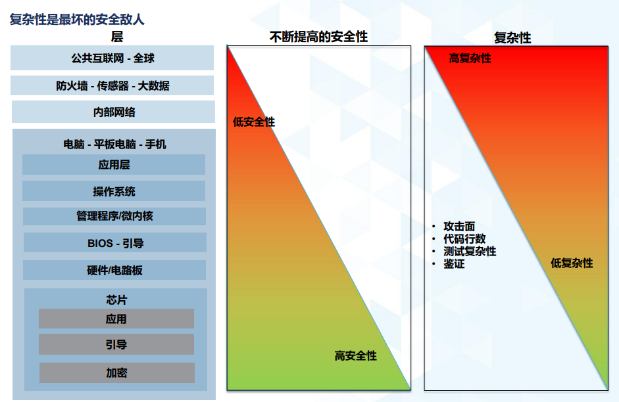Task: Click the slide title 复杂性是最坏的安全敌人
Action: click(x=77, y=19)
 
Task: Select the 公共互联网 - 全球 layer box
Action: click(x=112, y=58)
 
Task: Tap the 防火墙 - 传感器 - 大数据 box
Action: click(x=112, y=85)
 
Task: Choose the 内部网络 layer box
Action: click(x=113, y=112)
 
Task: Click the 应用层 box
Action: click(x=114, y=164)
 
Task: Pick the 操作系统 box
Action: click(x=114, y=191)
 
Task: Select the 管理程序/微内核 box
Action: click(x=114, y=216)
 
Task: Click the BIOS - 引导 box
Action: click(x=115, y=242)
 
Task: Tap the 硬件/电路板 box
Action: click(x=114, y=270)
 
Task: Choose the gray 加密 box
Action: click(x=117, y=373)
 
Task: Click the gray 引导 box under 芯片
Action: click(x=116, y=344)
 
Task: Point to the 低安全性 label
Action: click(x=254, y=122)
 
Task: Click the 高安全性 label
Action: click(x=356, y=356)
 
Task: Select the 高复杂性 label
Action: click(x=470, y=58)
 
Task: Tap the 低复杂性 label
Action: click(x=572, y=263)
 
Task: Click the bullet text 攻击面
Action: click(x=459, y=226)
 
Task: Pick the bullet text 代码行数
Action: click(x=464, y=239)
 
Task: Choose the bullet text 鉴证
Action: click(x=454, y=263)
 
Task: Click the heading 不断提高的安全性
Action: click(x=318, y=37)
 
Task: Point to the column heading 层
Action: click(x=117, y=37)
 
